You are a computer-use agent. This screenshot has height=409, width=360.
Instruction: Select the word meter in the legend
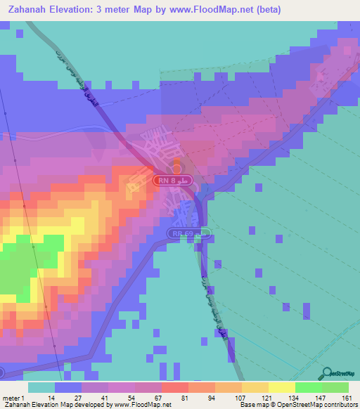[x=12, y=398]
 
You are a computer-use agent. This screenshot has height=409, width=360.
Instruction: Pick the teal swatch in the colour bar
[x=41, y=387]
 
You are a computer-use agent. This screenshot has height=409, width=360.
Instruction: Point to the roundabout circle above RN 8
[x=177, y=168]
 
